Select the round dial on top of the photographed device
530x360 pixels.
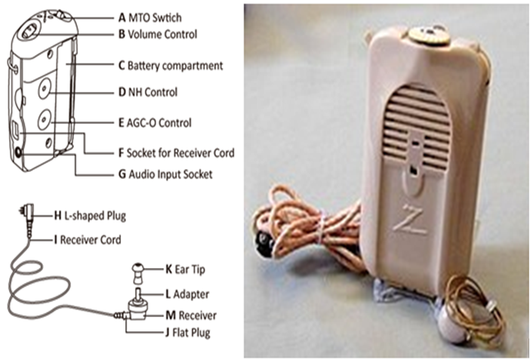tap(424, 34)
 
